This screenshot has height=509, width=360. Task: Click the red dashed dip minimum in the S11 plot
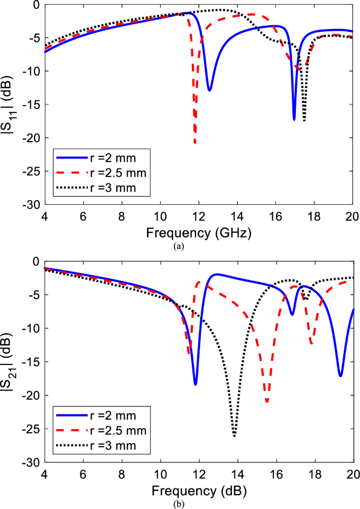(195, 142)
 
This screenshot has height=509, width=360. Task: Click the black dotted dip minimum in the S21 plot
(234, 435)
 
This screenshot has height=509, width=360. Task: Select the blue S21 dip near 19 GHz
(341, 376)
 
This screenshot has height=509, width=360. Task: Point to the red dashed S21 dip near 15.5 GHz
(268, 401)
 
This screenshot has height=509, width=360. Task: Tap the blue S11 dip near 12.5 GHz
(209, 90)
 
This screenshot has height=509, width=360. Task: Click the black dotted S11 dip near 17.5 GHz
(304, 120)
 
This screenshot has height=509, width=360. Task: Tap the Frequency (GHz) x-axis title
(199, 231)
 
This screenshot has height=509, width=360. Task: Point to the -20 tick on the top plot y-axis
(32, 138)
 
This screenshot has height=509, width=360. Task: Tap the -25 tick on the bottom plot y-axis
(32, 429)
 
